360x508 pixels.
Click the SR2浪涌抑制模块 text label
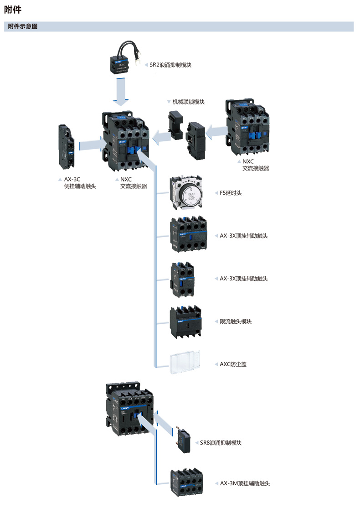[170, 65]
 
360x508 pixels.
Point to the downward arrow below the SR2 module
[121, 92]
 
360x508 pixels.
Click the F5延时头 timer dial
[185, 193]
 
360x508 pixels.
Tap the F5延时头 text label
[231, 193]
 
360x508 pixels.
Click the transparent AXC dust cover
[185, 363]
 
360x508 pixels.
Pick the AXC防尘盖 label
[233, 364]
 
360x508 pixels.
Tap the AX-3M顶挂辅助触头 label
[245, 483]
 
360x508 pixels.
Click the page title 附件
[13, 9]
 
